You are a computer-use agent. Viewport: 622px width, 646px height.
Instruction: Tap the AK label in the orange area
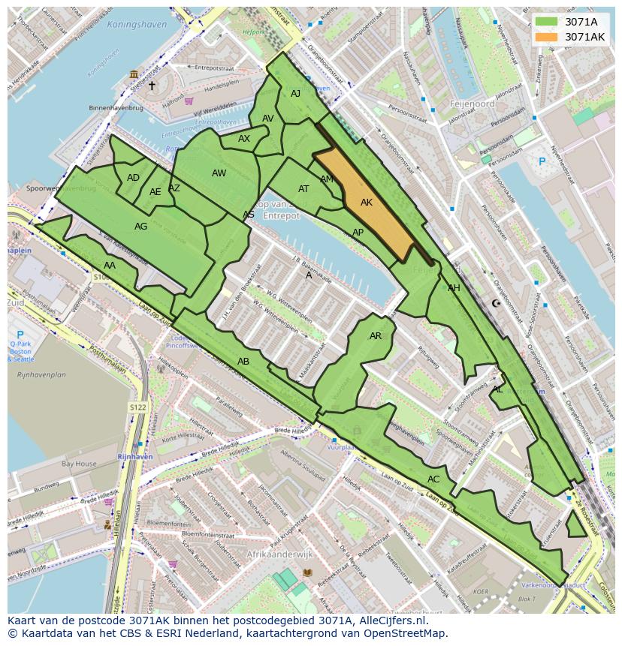[x=367, y=203]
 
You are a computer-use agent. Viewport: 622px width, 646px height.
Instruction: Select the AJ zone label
[x=295, y=94]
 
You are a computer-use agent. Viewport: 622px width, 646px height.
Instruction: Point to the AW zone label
[x=219, y=173]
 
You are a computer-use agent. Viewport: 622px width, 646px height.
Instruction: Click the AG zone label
[x=140, y=227]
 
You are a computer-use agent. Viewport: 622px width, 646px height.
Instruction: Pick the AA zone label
[x=110, y=266]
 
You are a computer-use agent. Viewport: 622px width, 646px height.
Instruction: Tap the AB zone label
[x=243, y=362]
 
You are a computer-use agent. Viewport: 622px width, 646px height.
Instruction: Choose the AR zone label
[x=376, y=336]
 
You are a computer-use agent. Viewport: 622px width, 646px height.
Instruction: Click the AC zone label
[x=433, y=479]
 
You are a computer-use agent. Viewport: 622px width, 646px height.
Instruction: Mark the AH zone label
[x=454, y=288]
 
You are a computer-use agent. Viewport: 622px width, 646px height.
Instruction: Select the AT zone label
[x=303, y=189]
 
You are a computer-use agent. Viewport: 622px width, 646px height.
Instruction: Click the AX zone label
[x=244, y=139]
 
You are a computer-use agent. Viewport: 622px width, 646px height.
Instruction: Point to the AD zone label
[x=133, y=178]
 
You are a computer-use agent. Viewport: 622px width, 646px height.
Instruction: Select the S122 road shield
[x=137, y=407]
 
